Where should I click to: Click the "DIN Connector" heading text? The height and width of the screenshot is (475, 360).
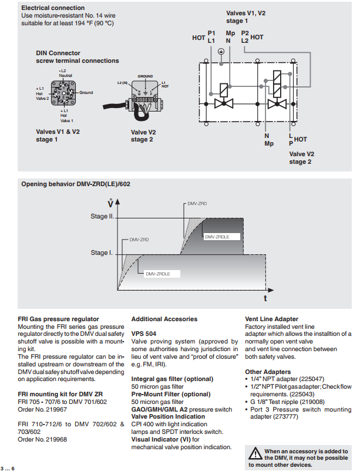click(x=58, y=53)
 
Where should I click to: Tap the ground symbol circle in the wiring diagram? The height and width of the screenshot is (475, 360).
click(x=221, y=51)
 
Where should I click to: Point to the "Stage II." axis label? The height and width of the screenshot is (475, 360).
click(x=101, y=217)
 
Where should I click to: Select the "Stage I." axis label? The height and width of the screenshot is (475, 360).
click(x=101, y=252)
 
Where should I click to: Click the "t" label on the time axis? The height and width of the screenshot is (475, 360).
click(x=265, y=298)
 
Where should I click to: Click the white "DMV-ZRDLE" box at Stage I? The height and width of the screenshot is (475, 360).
click(x=160, y=274)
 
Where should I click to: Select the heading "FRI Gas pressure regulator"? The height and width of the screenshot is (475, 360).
click(x=58, y=319)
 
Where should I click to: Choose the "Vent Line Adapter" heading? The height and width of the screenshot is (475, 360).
click(x=271, y=319)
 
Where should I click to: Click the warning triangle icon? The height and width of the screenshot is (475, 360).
click(x=255, y=453)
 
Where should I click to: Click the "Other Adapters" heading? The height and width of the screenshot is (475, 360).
click(x=267, y=372)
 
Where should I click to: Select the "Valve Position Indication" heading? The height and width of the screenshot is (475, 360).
click(x=169, y=416)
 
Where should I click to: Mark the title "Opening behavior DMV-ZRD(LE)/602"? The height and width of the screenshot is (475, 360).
click(x=76, y=184)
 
